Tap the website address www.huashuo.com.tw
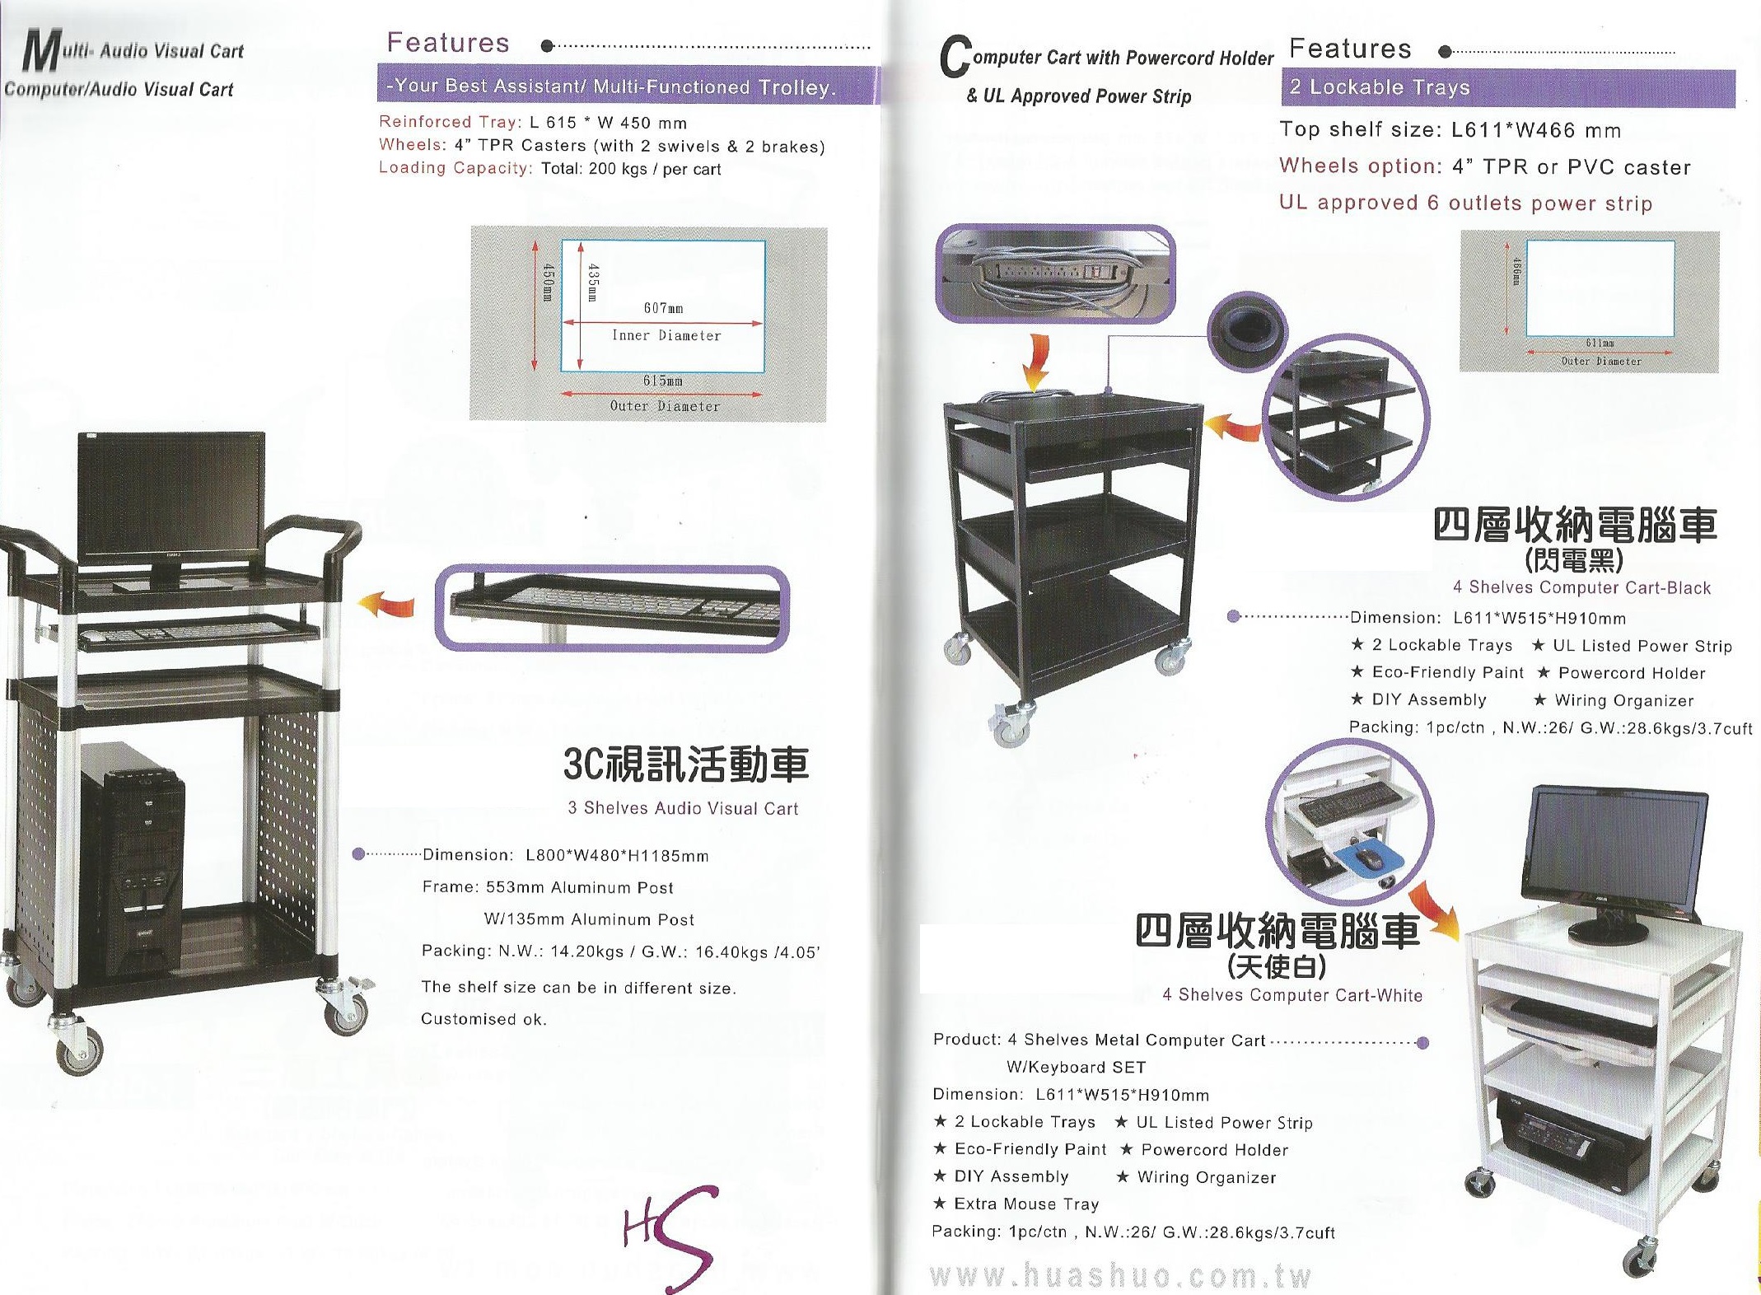click(x=1119, y=1275)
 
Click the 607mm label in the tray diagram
click(x=663, y=308)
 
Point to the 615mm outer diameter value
click(x=662, y=381)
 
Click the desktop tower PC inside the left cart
click(x=132, y=857)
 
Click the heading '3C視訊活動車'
click(x=686, y=764)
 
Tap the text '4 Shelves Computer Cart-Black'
click(x=1581, y=587)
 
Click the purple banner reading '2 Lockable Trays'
click(x=1507, y=87)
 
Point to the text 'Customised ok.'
click(x=483, y=1019)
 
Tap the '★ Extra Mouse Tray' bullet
click(x=1016, y=1204)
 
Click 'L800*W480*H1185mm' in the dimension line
click(x=617, y=855)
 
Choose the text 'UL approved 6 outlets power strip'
click(x=1465, y=203)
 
